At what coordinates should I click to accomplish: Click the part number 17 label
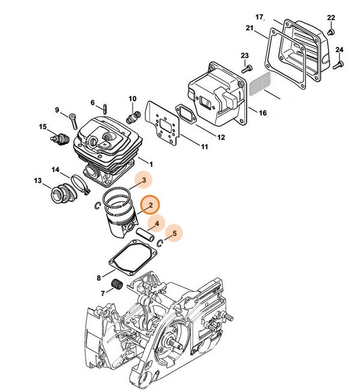click(x=260, y=16)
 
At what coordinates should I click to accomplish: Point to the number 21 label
click(x=250, y=28)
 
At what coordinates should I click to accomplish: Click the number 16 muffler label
click(x=262, y=113)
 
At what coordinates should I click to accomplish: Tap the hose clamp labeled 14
click(x=77, y=182)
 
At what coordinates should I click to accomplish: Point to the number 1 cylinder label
click(x=151, y=164)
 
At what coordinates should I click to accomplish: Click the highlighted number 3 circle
click(x=142, y=179)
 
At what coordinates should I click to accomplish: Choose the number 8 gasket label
click(x=98, y=278)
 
